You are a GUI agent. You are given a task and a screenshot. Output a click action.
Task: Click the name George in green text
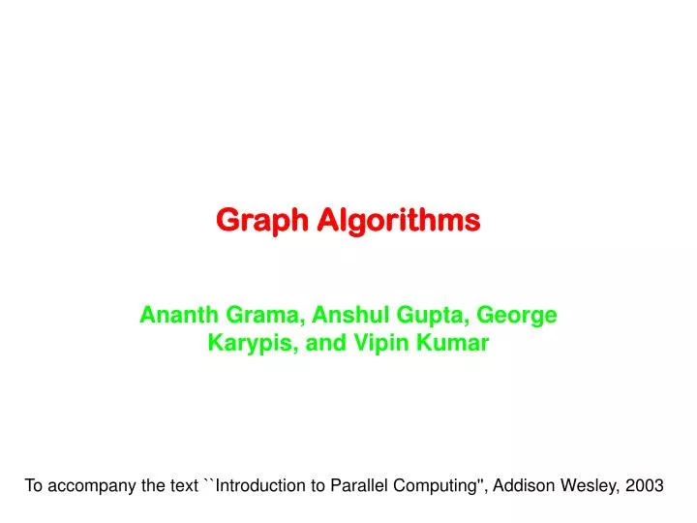point(519,315)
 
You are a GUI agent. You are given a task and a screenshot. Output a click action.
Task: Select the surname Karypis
point(250,343)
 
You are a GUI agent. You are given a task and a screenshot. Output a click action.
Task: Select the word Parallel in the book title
point(358,486)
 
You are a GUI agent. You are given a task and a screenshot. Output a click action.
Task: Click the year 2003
point(644,486)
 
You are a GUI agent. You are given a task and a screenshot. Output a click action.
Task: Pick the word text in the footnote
point(183,486)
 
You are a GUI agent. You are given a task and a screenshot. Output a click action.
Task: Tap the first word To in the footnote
point(34,486)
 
